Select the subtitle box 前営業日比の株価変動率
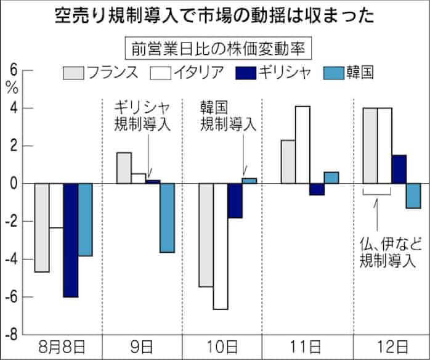[215, 47]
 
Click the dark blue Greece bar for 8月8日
[71, 240]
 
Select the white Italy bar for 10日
[220, 246]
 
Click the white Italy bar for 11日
[302, 145]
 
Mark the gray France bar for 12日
[370, 145]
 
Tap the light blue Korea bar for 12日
[413, 195]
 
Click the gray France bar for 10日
[206, 235]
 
